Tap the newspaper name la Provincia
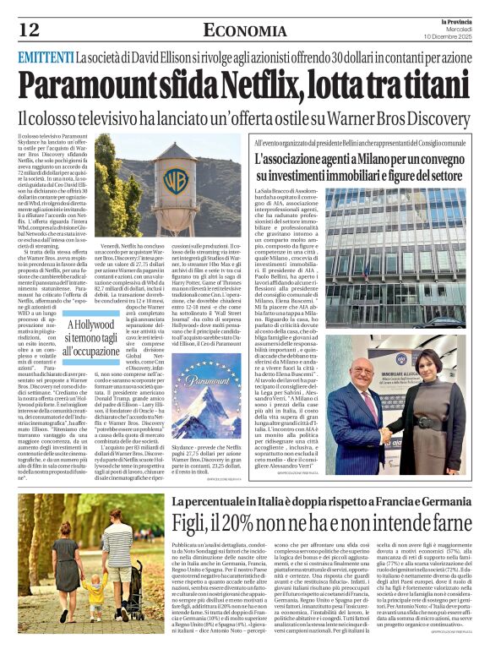click(x=452, y=19)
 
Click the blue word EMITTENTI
click(x=44, y=58)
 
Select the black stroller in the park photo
click(x=135, y=575)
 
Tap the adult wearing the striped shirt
click(x=115, y=550)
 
